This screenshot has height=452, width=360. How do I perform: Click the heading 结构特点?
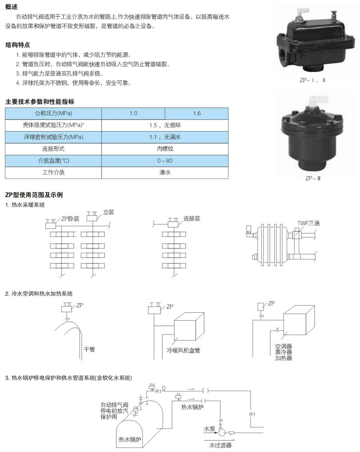click(x=18, y=45)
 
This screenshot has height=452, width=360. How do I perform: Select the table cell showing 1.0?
click(x=133, y=113)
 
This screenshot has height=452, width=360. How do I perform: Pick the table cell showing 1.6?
click(x=196, y=113)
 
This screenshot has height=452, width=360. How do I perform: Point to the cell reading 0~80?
click(x=165, y=161)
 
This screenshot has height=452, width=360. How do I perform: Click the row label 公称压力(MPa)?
click(x=53, y=113)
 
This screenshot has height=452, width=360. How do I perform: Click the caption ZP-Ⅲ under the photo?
click(x=313, y=179)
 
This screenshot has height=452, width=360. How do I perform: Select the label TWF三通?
click(x=309, y=223)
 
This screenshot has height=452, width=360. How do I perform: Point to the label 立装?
click(x=109, y=212)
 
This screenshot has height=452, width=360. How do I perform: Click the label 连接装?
click(x=192, y=218)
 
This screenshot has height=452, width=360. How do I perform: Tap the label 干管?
click(x=89, y=349)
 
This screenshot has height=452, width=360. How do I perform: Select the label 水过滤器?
click(x=220, y=445)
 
